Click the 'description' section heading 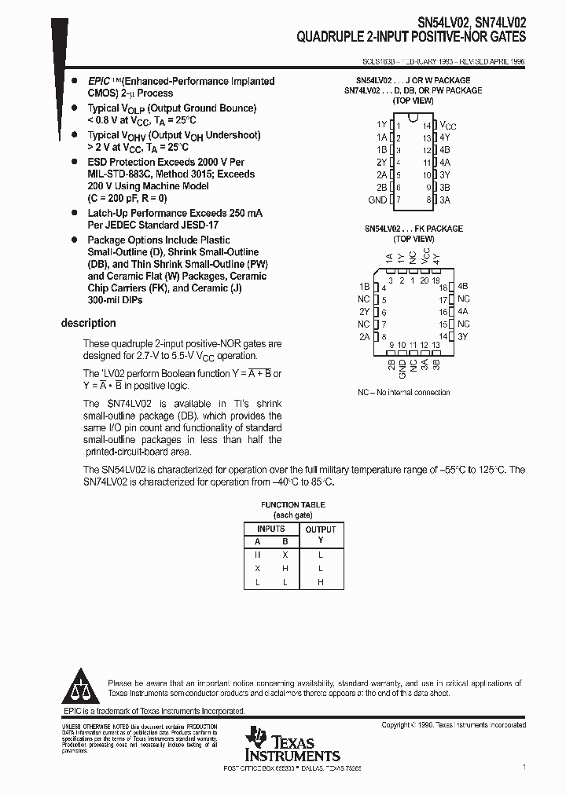88,323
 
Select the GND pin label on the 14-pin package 377,200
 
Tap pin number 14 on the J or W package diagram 426,125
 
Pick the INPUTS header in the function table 270,529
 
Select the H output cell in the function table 320,582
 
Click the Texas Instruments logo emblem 256,739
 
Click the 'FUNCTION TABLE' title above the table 292,505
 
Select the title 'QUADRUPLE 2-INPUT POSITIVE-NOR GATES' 411,36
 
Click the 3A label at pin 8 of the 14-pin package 445,200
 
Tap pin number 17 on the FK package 443,299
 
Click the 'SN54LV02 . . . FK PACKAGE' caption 413,229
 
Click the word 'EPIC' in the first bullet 98,81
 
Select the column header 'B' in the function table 285,540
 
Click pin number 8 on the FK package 383,336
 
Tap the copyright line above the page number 454,725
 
